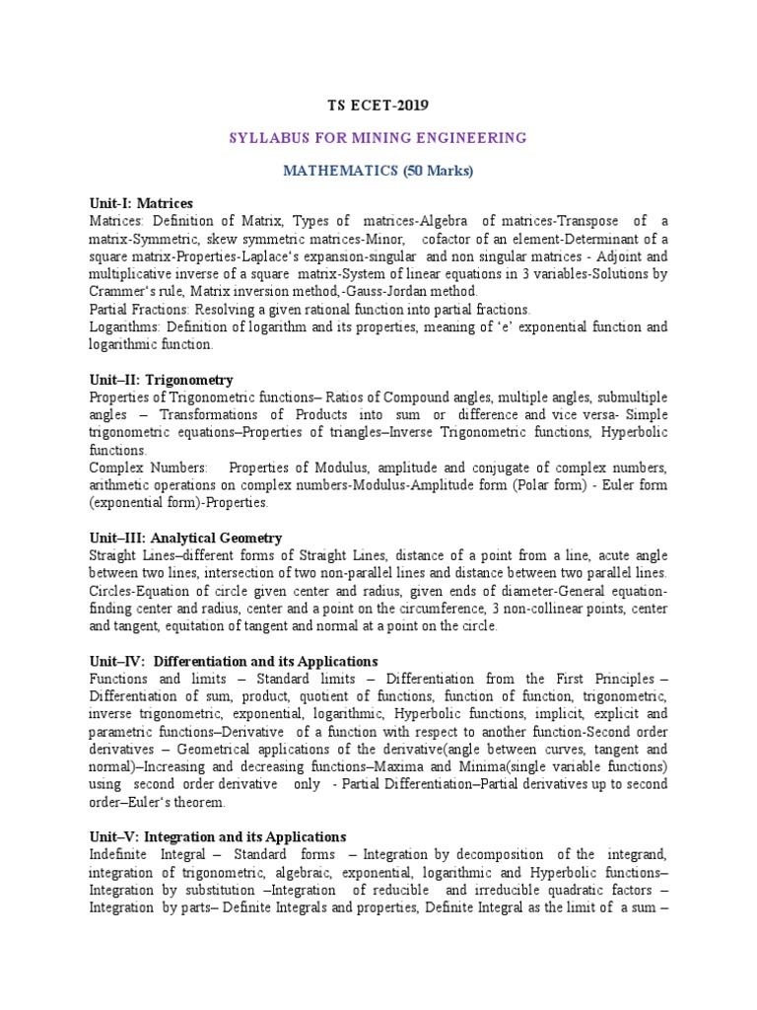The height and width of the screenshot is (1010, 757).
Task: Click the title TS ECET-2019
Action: coord(378,105)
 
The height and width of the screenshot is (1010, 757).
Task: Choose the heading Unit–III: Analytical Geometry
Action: coord(185,538)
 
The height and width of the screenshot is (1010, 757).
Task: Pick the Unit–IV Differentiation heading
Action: coord(233,661)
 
